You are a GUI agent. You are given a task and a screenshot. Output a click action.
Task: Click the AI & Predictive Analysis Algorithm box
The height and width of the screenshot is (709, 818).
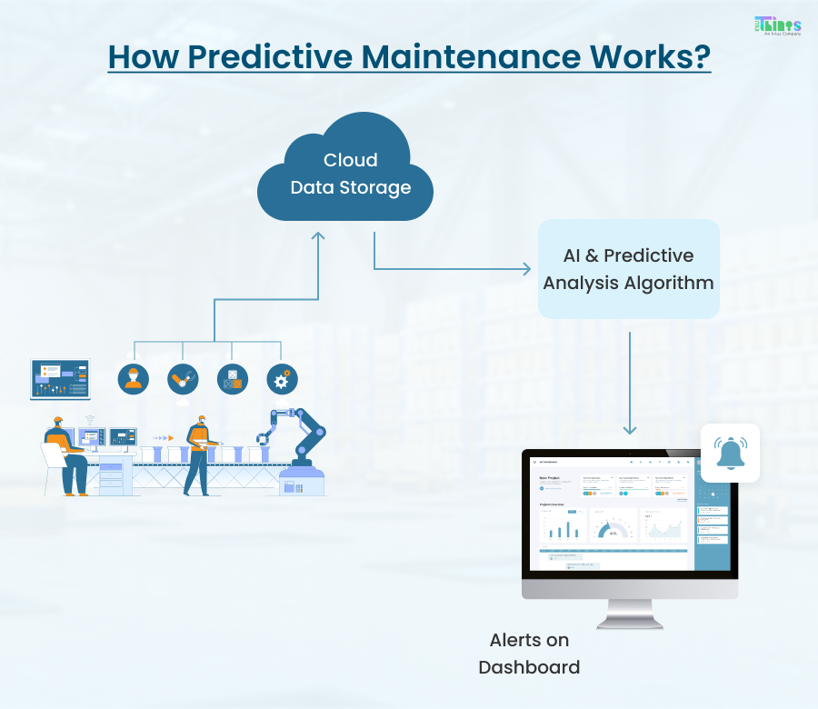[628, 269]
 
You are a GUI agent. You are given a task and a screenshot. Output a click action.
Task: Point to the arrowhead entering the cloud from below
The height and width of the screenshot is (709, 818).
[318, 237]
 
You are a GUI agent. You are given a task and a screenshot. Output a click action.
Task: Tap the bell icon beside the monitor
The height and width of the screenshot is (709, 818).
[730, 453]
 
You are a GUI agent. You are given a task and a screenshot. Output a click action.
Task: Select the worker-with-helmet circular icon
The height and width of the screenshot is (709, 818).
[134, 379]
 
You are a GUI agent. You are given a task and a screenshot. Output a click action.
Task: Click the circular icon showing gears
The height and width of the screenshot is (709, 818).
[281, 379]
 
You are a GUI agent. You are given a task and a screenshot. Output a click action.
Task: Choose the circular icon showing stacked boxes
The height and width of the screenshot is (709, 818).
[232, 379]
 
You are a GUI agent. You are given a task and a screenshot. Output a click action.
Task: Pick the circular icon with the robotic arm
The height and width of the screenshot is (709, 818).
[183, 379]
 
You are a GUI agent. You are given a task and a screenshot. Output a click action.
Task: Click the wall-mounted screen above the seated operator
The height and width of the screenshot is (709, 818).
[61, 379]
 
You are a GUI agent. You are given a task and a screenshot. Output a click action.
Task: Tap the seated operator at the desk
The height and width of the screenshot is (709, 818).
[64, 454]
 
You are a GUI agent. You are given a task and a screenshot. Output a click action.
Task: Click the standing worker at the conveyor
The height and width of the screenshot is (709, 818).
[198, 454]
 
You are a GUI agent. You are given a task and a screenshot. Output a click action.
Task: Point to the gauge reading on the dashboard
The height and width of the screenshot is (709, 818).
[613, 531]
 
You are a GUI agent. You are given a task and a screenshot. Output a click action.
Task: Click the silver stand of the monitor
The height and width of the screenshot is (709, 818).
[629, 613]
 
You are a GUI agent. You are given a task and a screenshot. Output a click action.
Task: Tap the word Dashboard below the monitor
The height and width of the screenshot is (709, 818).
[529, 667]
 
